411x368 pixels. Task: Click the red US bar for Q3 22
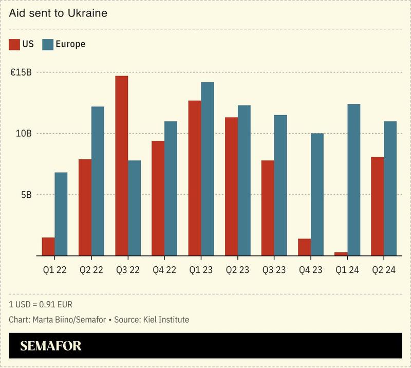click(122, 165)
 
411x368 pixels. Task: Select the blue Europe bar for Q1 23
click(208, 169)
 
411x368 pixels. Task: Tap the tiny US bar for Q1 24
click(341, 254)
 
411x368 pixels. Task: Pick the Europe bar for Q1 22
click(61, 214)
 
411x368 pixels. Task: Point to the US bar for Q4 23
click(305, 247)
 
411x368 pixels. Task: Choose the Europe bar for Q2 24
click(390, 188)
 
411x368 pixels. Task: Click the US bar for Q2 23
click(232, 186)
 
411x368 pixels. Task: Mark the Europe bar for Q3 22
click(134, 208)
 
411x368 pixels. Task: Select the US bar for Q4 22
click(158, 198)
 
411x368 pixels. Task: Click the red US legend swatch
click(14, 44)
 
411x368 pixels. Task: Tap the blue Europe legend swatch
click(48, 44)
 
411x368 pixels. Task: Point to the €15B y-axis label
click(21, 72)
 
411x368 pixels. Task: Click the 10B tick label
click(23, 134)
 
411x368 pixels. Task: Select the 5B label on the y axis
click(26, 195)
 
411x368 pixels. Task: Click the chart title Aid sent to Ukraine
click(58, 13)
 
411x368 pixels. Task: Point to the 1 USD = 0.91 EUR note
click(41, 304)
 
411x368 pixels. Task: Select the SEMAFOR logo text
click(51, 346)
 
